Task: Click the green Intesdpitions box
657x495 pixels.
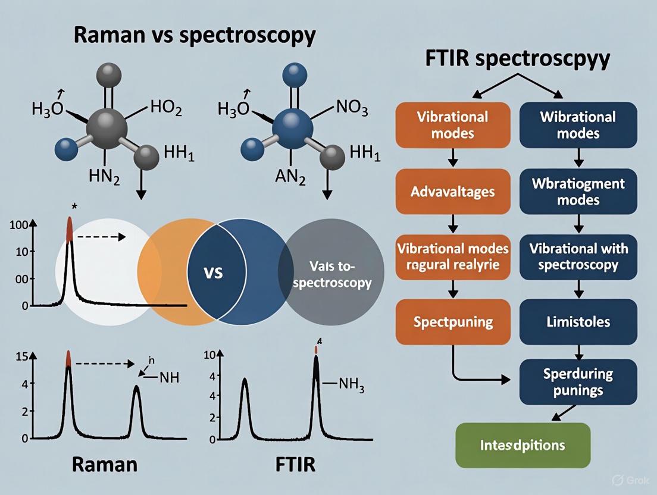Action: (523, 445)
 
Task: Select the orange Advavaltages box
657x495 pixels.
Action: (453, 192)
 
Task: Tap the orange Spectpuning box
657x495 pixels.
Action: (453, 322)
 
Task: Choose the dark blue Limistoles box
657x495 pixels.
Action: (578, 322)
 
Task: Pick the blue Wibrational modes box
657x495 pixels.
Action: (578, 125)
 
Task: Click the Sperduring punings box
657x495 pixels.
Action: (578, 381)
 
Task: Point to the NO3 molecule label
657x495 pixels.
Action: (352, 108)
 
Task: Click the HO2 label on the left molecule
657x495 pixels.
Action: (166, 108)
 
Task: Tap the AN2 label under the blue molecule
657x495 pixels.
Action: (290, 177)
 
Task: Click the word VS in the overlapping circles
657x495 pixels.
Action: (213, 273)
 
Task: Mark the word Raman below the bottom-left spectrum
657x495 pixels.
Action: (105, 465)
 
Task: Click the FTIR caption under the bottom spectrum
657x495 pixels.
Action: (295, 465)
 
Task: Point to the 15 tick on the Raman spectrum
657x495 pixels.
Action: (22, 356)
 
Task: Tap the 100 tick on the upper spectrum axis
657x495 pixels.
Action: (18, 224)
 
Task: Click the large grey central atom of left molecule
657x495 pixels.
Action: (107, 129)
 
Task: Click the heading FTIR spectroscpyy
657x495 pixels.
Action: (518, 59)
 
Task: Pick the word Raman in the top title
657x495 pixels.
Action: (109, 35)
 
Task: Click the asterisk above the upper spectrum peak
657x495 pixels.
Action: (74, 206)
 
